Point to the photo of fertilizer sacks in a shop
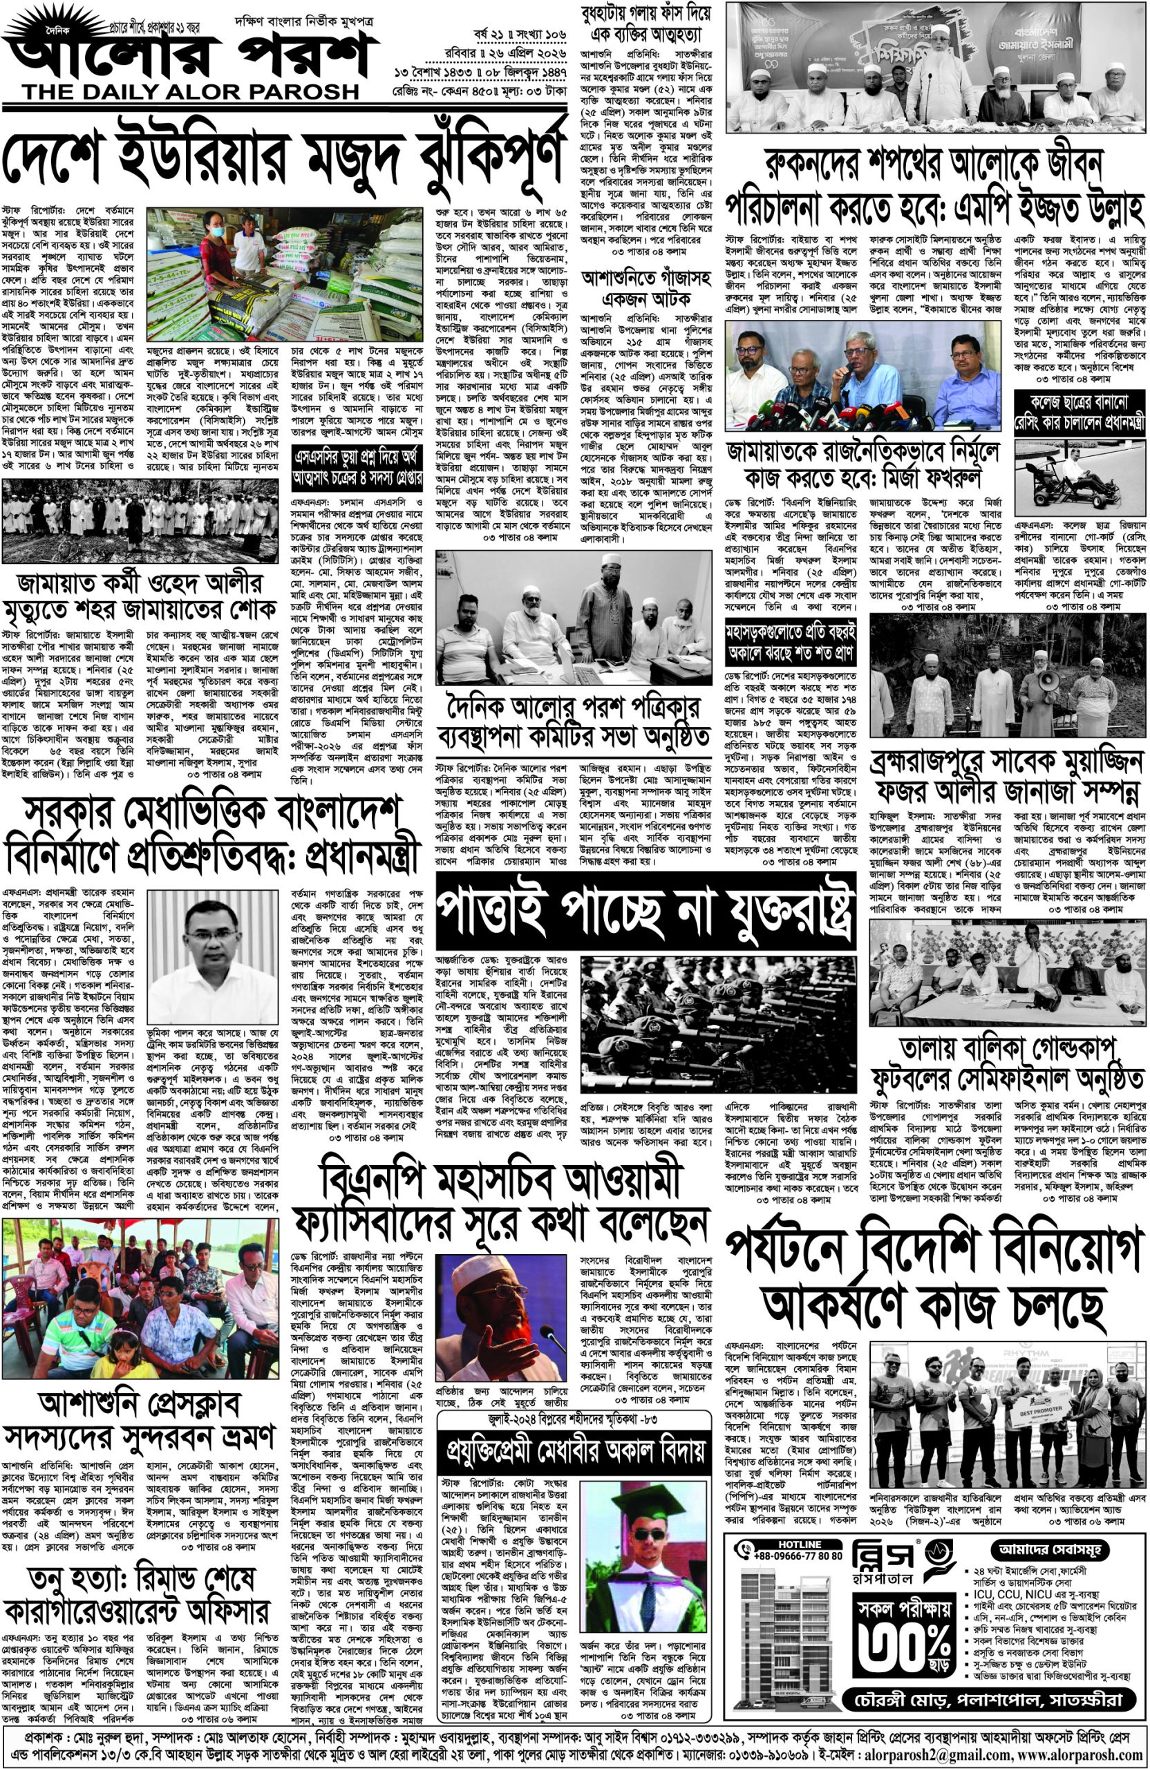click(283, 275)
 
